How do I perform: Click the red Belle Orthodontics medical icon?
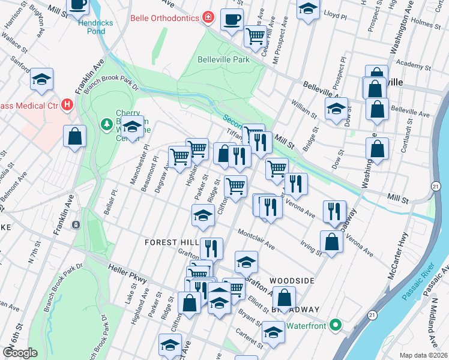tap(208, 17)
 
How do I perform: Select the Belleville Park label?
tap(223, 59)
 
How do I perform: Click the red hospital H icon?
tap(67, 106)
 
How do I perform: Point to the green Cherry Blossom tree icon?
tap(106, 124)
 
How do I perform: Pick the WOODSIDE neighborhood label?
tap(292, 281)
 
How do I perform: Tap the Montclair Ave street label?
tap(256, 238)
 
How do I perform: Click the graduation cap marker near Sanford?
tap(42, 79)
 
